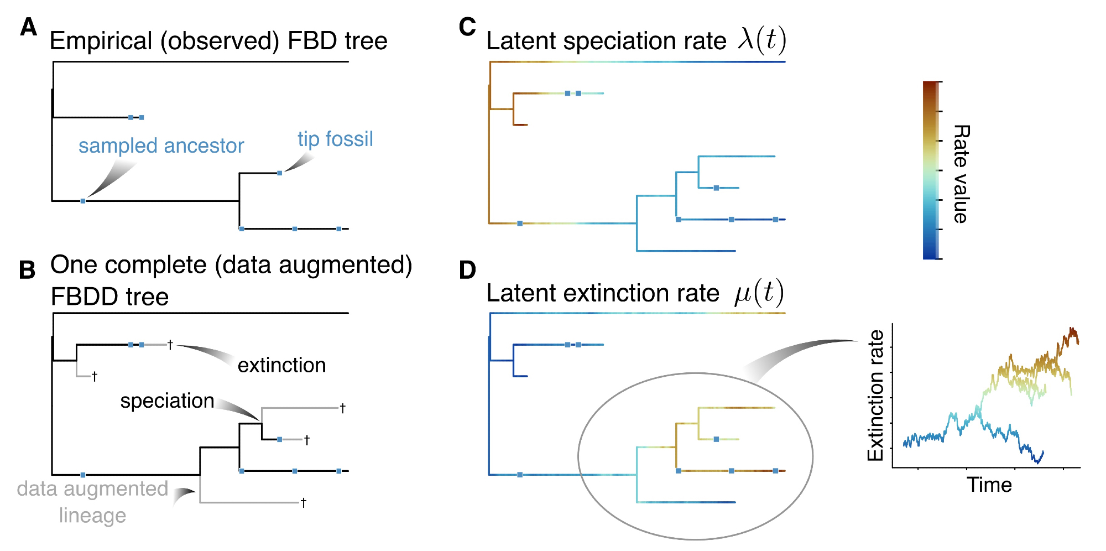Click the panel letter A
pyautogui.click(x=28, y=27)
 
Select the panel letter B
pyautogui.click(x=27, y=270)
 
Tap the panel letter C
pyautogui.click(x=467, y=27)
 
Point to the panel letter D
pyautogui.click(x=467, y=270)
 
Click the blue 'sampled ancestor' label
pyautogui.click(x=161, y=145)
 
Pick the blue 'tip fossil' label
pyautogui.click(x=335, y=139)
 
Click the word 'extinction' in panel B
pyautogui.click(x=281, y=365)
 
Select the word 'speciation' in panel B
pyautogui.click(x=167, y=401)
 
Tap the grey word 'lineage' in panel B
pyautogui.click(x=92, y=516)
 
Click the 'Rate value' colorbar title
pyautogui.click(x=961, y=174)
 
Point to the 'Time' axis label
pyautogui.click(x=989, y=485)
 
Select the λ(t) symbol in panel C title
pyautogui.click(x=761, y=40)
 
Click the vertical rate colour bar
pyautogui.click(x=931, y=170)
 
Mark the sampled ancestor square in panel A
pyautogui.click(x=83, y=201)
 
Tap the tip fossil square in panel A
pyautogui.click(x=280, y=173)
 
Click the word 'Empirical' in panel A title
pyautogui.click(x=101, y=41)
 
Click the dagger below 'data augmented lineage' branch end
pyautogui.click(x=303, y=502)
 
